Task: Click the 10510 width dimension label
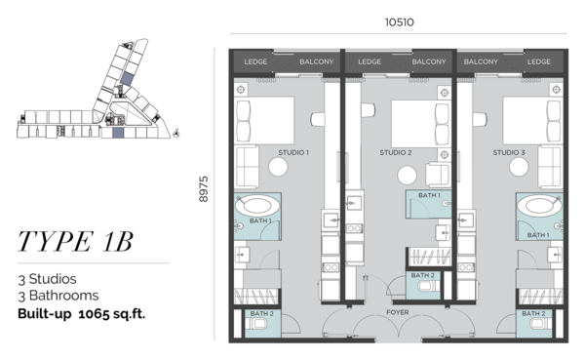pyautogui.click(x=399, y=22)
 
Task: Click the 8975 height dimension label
pyautogui.click(x=204, y=189)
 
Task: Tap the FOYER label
pyautogui.click(x=398, y=312)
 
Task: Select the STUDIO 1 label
pyautogui.click(x=293, y=152)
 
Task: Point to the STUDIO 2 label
pyautogui.click(x=396, y=152)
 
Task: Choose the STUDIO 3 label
pyautogui.click(x=509, y=152)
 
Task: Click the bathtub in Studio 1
pyautogui.click(x=257, y=206)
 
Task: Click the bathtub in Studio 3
pyautogui.click(x=539, y=206)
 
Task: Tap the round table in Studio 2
pyautogui.click(x=407, y=176)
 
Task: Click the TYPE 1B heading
pyautogui.click(x=75, y=241)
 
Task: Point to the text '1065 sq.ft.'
pyautogui.click(x=111, y=314)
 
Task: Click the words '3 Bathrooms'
pyautogui.click(x=58, y=296)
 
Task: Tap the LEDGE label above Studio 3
pyautogui.click(x=539, y=61)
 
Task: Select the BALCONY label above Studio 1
pyautogui.click(x=316, y=61)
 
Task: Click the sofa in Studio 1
pyautogui.click(x=247, y=167)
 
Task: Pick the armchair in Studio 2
pyautogui.click(x=438, y=174)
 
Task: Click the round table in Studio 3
pyautogui.click(x=519, y=167)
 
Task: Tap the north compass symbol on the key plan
pyautogui.click(x=176, y=133)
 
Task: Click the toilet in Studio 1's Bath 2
pyautogui.click(x=257, y=323)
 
